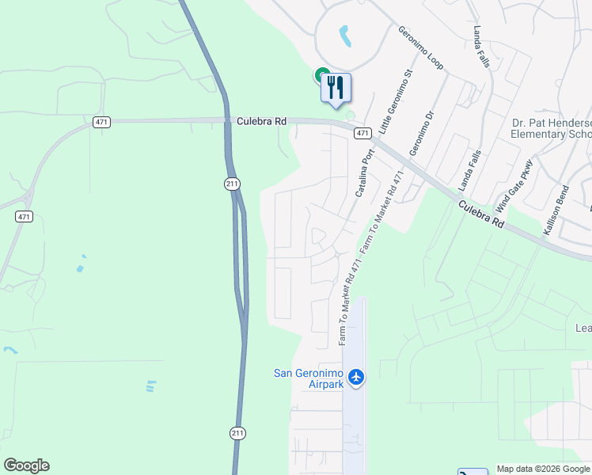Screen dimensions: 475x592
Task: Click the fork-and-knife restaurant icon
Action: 336,87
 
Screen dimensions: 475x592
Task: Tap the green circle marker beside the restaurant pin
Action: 323,76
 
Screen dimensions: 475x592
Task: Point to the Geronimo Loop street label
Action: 420,47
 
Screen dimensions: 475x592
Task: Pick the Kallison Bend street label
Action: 556,211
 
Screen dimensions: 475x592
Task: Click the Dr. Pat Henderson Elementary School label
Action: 551,129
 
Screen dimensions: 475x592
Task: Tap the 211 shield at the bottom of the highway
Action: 238,433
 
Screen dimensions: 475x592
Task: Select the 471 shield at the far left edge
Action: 23,216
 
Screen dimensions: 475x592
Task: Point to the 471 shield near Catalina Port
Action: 362,133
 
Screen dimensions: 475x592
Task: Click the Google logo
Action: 26,465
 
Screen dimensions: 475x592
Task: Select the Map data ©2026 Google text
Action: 542,469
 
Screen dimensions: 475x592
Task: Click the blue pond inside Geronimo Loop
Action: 345,36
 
